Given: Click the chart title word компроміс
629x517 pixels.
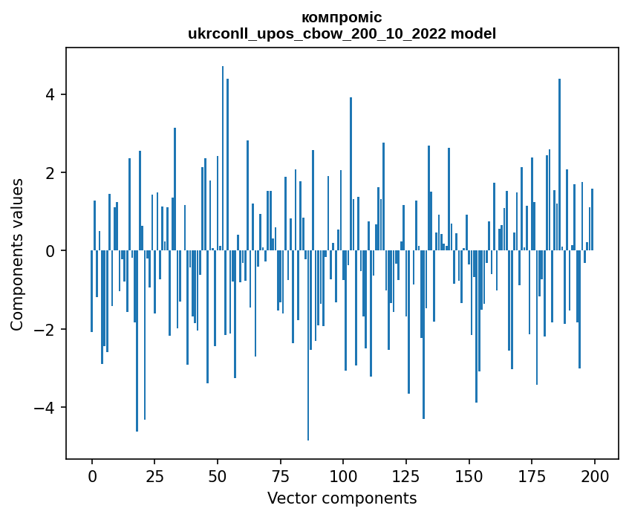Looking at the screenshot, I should tap(342, 17).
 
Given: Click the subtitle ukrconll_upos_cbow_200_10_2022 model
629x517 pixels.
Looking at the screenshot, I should tap(342, 33).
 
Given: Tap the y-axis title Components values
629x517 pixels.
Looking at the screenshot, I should tap(17, 254).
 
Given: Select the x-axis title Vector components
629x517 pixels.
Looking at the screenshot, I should tap(342, 498).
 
